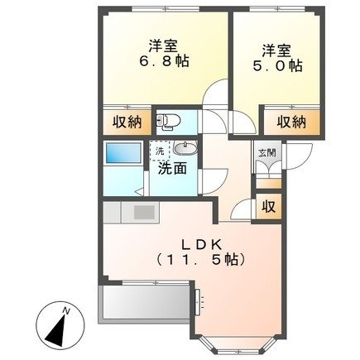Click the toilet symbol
point(168,122)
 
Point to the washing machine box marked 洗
point(158,151)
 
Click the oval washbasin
point(183,149)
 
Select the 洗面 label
point(172,167)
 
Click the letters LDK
point(202,244)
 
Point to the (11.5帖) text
point(202,260)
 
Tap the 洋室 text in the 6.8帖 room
point(154,46)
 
